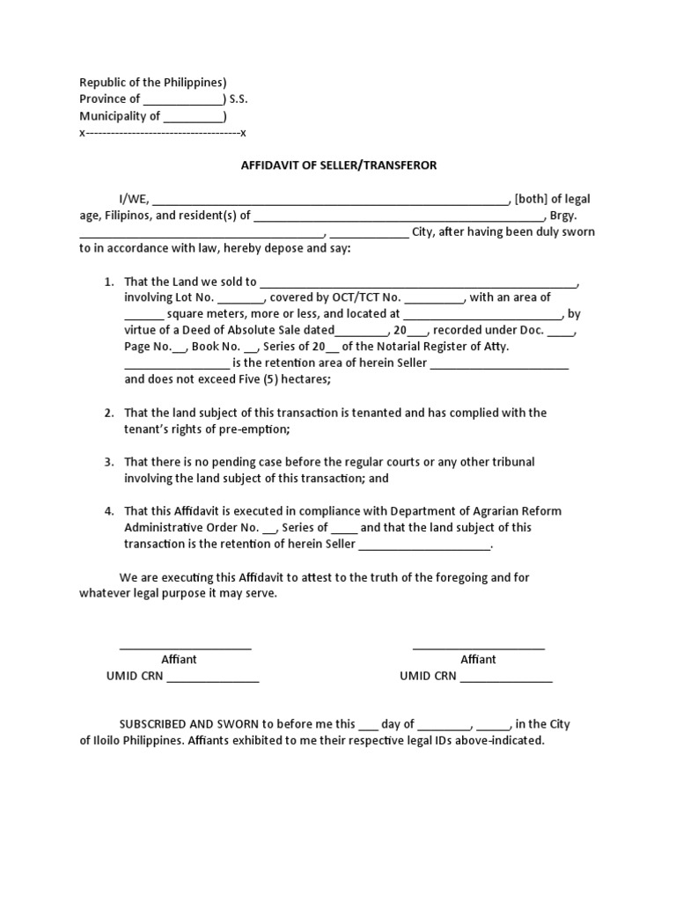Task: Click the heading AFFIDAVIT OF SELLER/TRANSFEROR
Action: pyautogui.click(x=339, y=165)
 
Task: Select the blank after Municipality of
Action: pyautogui.click(x=193, y=117)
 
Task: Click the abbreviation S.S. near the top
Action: pyautogui.click(x=239, y=99)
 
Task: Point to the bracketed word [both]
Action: pyautogui.click(x=532, y=199)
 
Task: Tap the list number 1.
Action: pyautogui.click(x=109, y=282)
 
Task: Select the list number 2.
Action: pyautogui.click(x=109, y=413)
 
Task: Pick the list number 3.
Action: pyautogui.click(x=109, y=462)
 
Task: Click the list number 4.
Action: pyautogui.click(x=109, y=511)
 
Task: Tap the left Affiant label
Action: pyautogui.click(x=179, y=659)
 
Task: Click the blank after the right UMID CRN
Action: pyautogui.click(x=506, y=678)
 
